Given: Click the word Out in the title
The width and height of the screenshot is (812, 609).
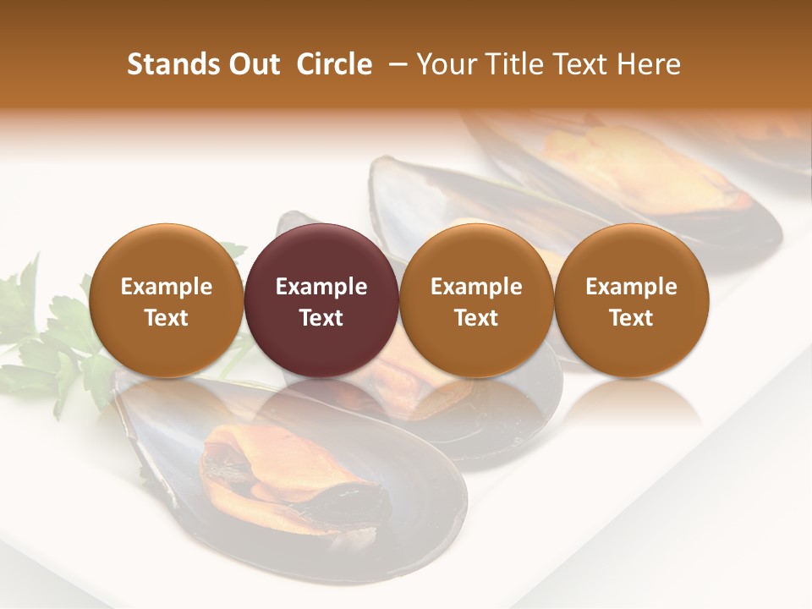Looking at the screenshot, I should [x=251, y=64].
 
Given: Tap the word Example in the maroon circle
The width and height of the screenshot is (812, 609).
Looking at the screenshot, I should [x=321, y=287].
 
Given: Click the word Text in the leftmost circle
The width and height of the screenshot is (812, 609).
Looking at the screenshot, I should [x=166, y=318].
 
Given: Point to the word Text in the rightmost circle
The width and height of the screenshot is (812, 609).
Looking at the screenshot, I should [x=631, y=318].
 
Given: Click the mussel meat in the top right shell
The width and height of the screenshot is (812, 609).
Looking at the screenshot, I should [x=643, y=169].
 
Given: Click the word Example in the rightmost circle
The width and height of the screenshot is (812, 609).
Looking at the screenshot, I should [x=631, y=287].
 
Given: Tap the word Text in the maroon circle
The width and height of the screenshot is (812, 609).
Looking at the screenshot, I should [x=321, y=318].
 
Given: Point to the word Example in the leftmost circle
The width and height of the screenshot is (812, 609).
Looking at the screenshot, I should [x=166, y=287].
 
